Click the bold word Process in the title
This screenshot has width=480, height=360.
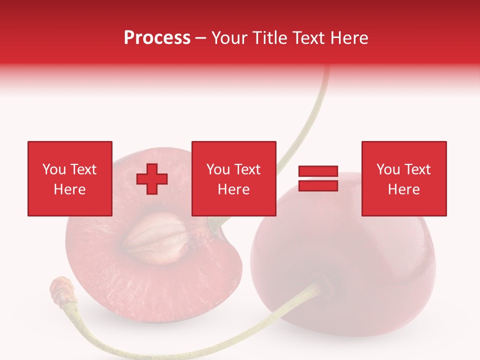tap(157, 37)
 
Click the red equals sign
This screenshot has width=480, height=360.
tap(318, 179)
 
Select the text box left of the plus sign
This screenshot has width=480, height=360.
tap(70, 178)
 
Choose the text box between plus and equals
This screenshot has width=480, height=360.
tap(233, 178)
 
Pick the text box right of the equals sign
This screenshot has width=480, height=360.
tap(404, 178)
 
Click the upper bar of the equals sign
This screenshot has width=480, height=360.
tap(318, 171)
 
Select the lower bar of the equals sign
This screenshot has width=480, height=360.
tap(318, 186)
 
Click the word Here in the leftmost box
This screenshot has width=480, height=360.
tap(70, 189)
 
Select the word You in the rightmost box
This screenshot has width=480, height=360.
tap(388, 169)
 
